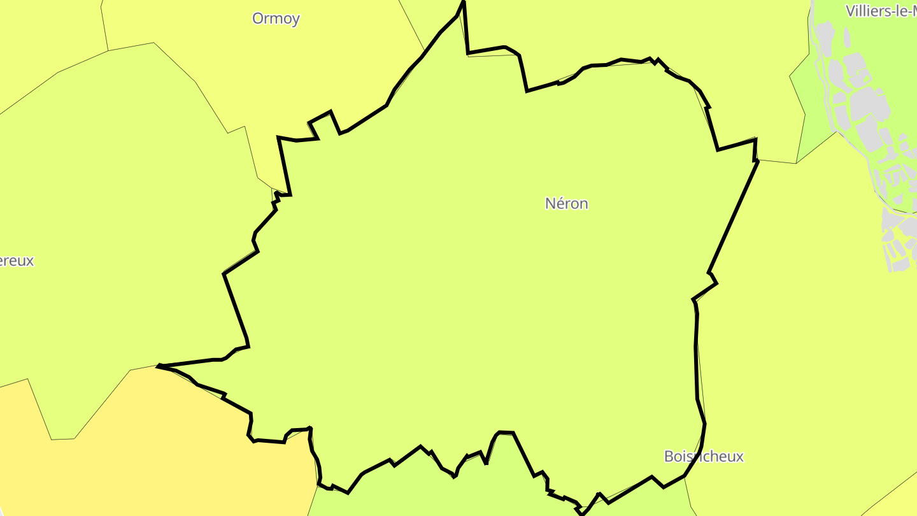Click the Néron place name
tap(566, 203)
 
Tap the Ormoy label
tap(276, 18)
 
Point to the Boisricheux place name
tap(703, 456)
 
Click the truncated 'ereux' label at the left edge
tap(17, 261)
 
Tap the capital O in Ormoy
tap(257, 18)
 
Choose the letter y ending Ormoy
tap(295, 20)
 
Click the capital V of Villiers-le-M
tap(851, 11)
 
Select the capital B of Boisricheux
tap(669, 456)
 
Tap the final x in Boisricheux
tap(739, 457)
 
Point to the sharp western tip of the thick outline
tap(158, 366)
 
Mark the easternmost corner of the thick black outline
tap(758, 161)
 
